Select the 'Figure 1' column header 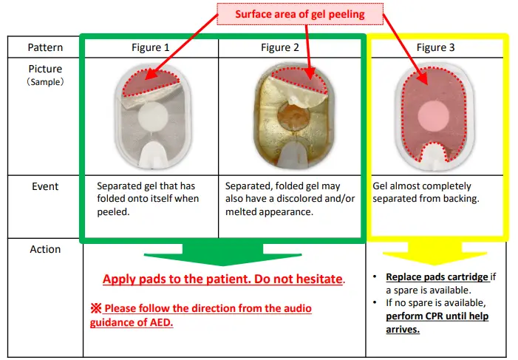150,47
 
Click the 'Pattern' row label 45,47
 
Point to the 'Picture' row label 45,69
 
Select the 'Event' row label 45,186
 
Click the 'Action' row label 45,249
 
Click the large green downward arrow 222,255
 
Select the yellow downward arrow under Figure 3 437,255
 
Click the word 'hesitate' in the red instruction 319,279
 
